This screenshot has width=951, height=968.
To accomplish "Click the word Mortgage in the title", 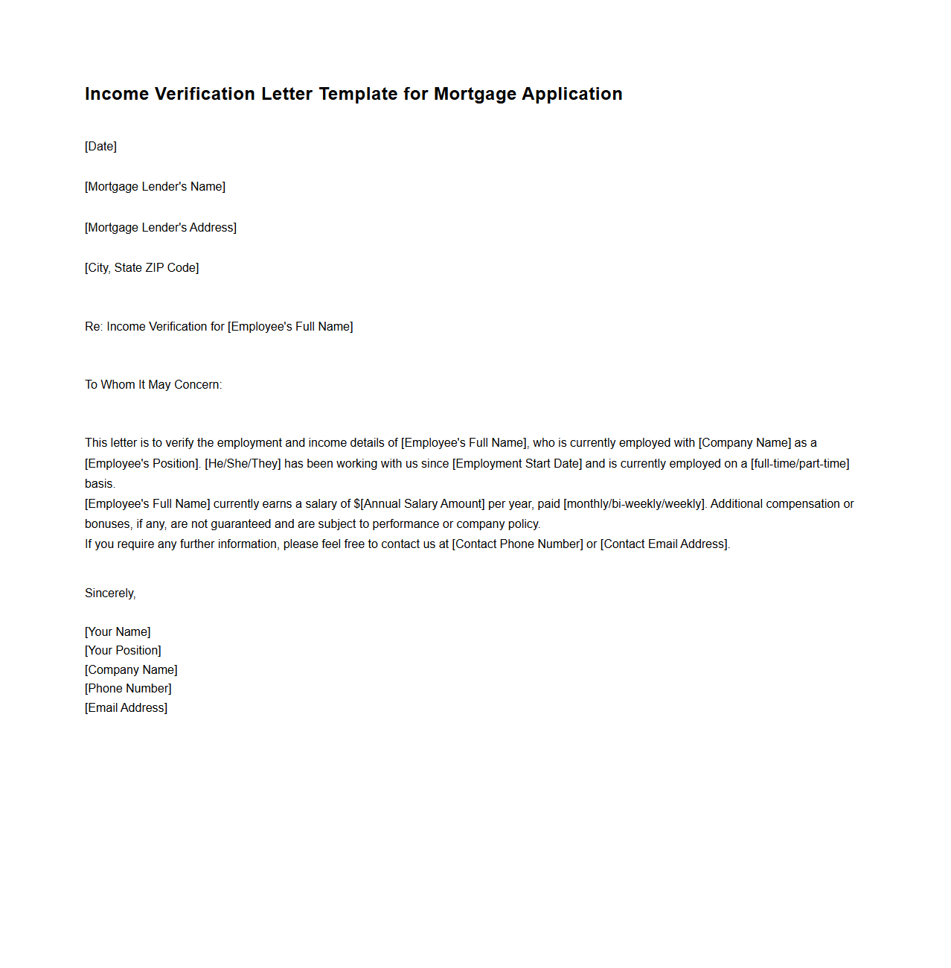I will pos(475,94).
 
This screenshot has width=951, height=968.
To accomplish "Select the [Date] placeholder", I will pos(100,146).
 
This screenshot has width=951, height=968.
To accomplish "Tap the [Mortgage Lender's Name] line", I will pos(155,186).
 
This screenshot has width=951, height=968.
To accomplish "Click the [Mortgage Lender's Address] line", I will pos(161,227).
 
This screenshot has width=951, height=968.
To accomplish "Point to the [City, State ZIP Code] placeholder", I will pos(141,267).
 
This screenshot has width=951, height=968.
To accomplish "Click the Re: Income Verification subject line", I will pos(219,326).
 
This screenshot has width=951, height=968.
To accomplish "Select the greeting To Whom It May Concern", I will pos(153,384).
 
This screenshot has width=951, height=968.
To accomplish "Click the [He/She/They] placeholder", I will pos(243,463).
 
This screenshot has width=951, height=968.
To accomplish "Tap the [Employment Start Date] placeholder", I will pos(517,463).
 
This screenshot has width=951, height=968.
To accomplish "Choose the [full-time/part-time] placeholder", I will pos(800,463).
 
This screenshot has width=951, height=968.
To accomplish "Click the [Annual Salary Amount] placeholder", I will pos(423,503).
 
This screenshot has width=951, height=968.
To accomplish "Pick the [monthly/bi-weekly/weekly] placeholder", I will pos(634,503).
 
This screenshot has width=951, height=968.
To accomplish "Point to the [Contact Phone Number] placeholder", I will pos(517,544).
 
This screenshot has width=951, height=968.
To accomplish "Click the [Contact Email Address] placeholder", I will pos(665,544).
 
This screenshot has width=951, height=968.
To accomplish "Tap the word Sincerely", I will pos(109,593).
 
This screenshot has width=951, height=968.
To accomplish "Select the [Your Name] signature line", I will pos(118,631).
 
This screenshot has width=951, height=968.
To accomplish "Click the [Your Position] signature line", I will pos(123,650).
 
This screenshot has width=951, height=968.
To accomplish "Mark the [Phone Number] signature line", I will pos(128,688).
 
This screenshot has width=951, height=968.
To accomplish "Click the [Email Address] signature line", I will pos(126,707).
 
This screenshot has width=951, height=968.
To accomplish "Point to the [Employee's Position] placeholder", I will pos(142,463).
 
